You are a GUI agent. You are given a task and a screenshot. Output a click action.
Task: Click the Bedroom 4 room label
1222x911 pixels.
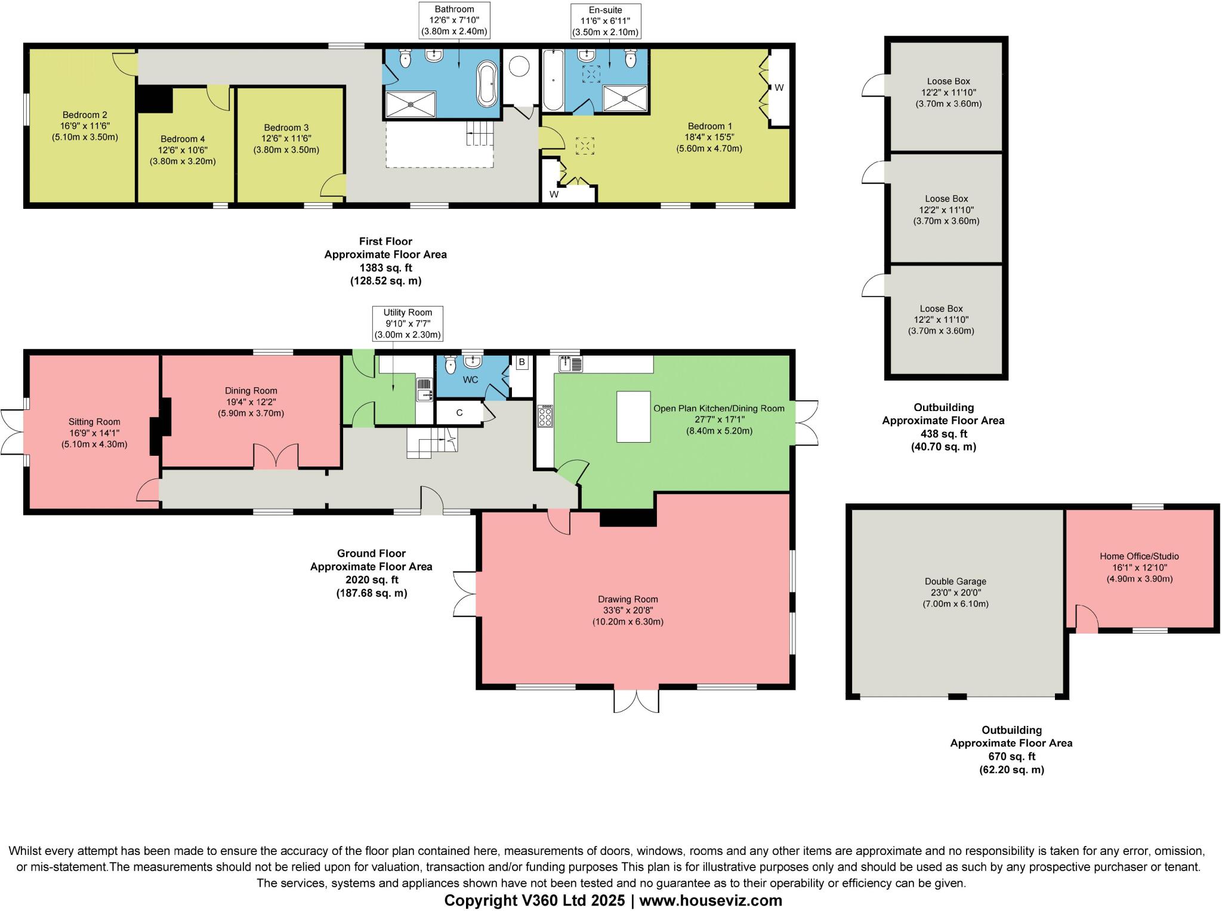(183, 139)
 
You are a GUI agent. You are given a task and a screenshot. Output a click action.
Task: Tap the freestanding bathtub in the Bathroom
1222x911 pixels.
(487, 84)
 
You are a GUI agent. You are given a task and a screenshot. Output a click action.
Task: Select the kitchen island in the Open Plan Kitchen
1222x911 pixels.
(633, 416)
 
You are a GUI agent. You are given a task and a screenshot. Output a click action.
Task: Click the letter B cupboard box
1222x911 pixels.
(521, 362)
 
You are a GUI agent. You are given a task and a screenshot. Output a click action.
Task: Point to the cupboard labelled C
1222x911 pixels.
(459, 412)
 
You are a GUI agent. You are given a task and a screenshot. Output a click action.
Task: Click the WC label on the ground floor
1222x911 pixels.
(470, 379)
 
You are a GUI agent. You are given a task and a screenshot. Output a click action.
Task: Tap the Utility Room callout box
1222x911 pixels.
(408, 323)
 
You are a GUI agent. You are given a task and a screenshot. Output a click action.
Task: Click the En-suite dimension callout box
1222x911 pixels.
(605, 21)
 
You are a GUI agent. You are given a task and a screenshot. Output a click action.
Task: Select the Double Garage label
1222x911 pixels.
(955, 581)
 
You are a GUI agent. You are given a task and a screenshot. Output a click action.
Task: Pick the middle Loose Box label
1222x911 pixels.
(946, 199)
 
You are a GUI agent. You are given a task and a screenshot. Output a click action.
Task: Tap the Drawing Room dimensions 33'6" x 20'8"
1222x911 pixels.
(628, 610)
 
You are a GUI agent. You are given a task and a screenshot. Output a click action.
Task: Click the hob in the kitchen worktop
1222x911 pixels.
(545, 416)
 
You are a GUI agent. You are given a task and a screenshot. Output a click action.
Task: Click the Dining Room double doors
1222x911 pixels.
(276, 456)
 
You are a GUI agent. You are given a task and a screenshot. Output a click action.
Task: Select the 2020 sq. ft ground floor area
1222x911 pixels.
(371, 579)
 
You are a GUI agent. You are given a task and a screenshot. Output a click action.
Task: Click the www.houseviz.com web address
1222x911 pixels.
(711, 900)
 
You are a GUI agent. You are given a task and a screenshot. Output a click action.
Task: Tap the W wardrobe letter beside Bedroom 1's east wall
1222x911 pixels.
(779, 88)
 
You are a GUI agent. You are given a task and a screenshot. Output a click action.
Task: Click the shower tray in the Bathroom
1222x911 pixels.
(411, 104)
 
